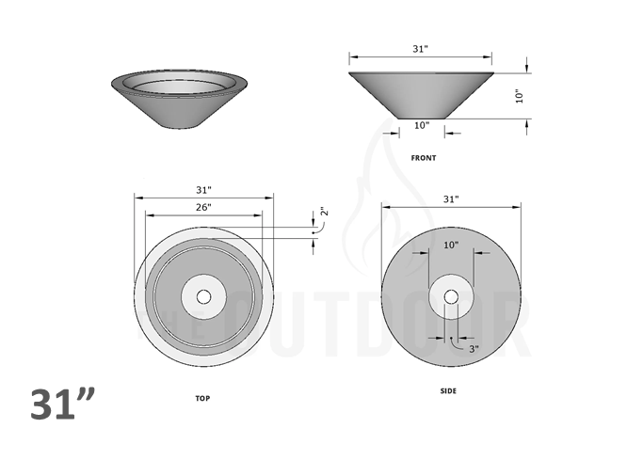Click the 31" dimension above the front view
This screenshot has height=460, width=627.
click(x=421, y=48)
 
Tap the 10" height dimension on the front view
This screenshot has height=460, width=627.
click(x=519, y=96)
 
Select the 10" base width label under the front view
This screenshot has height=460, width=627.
click(x=421, y=125)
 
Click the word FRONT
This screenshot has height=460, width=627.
click(x=424, y=158)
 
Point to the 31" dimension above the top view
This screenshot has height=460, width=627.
click(x=203, y=190)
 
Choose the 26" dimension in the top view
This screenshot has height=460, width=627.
click(x=203, y=207)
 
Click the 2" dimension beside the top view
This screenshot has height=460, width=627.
click(x=322, y=214)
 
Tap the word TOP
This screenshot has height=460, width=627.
click(x=202, y=399)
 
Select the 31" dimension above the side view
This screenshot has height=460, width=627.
click(x=451, y=199)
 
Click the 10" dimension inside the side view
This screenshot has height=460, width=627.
click(x=451, y=246)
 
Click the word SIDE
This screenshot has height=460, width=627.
click(x=449, y=390)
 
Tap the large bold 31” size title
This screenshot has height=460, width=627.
click(x=63, y=404)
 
